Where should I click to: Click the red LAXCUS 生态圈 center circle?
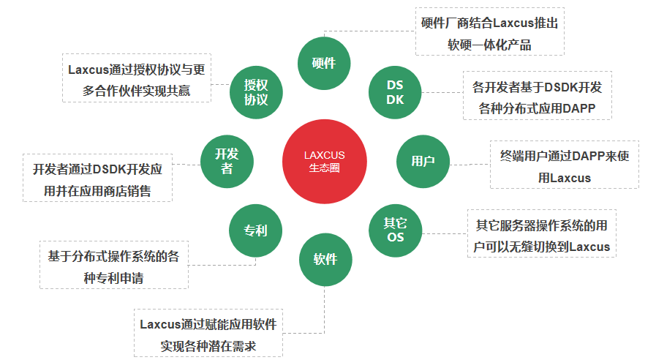click(x=324, y=162)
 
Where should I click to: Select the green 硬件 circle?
click(x=324, y=63)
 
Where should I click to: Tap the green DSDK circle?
click(x=395, y=92)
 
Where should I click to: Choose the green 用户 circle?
click(x=423, y=161)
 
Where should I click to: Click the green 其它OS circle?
click(x=395, y=230)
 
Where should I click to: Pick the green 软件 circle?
click(x=325, y=259)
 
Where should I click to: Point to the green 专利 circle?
click(x=255, y=230)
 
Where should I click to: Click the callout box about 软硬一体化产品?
click(x=489, y=33)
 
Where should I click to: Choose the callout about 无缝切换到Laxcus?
click(x=542, y=235)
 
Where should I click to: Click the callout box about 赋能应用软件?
click(x=209, y=334)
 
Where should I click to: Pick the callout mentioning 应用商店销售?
click(x=98, y=179)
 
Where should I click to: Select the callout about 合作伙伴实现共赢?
click(x=137, y=79)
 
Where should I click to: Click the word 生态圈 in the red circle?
click(x=324, y=168)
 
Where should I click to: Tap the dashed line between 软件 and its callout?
click(x=324, y=307)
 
